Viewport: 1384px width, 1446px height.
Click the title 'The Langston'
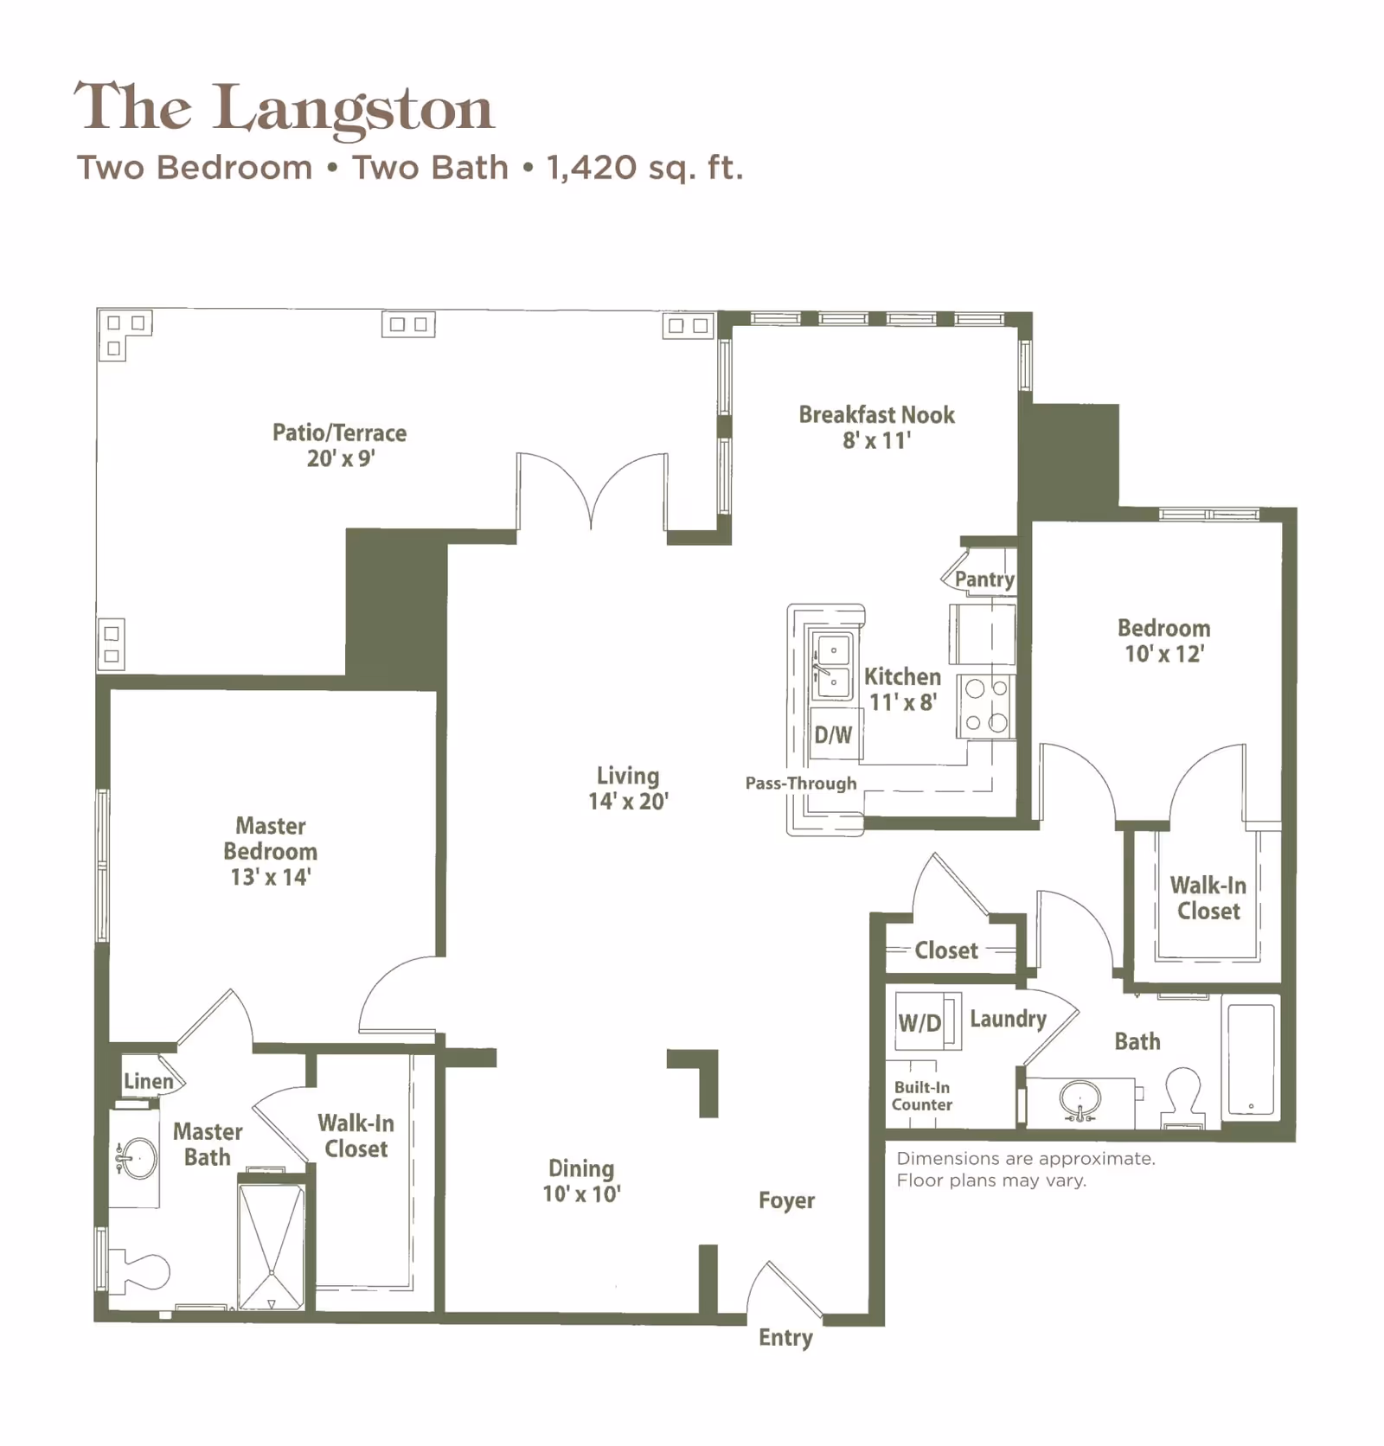pos(284,108)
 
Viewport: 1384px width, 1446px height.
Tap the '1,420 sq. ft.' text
pos(644,167)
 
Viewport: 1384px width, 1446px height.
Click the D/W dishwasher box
pos(834,734)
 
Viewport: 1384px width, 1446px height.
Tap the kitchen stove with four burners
pos(986,706)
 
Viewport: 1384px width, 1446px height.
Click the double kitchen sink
pos(830,665)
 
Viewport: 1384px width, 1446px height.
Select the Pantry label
pos(984,579)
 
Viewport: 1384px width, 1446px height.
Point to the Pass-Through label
pos(801,784)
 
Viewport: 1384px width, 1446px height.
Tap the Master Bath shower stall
pos(271,1246)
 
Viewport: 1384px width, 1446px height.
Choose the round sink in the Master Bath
pos(138,1158)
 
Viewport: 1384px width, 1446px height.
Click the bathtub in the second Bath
pos(1251,1059)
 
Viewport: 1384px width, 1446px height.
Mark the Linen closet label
pos(149,1081)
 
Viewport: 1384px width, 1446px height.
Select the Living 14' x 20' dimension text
pos(628,801)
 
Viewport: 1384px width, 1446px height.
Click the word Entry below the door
pos(785,1337)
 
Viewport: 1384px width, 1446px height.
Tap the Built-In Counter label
pos(922,1096)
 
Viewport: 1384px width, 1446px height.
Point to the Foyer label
pos(786,1200)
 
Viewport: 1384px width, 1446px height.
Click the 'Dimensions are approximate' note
pos(1025,1158)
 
